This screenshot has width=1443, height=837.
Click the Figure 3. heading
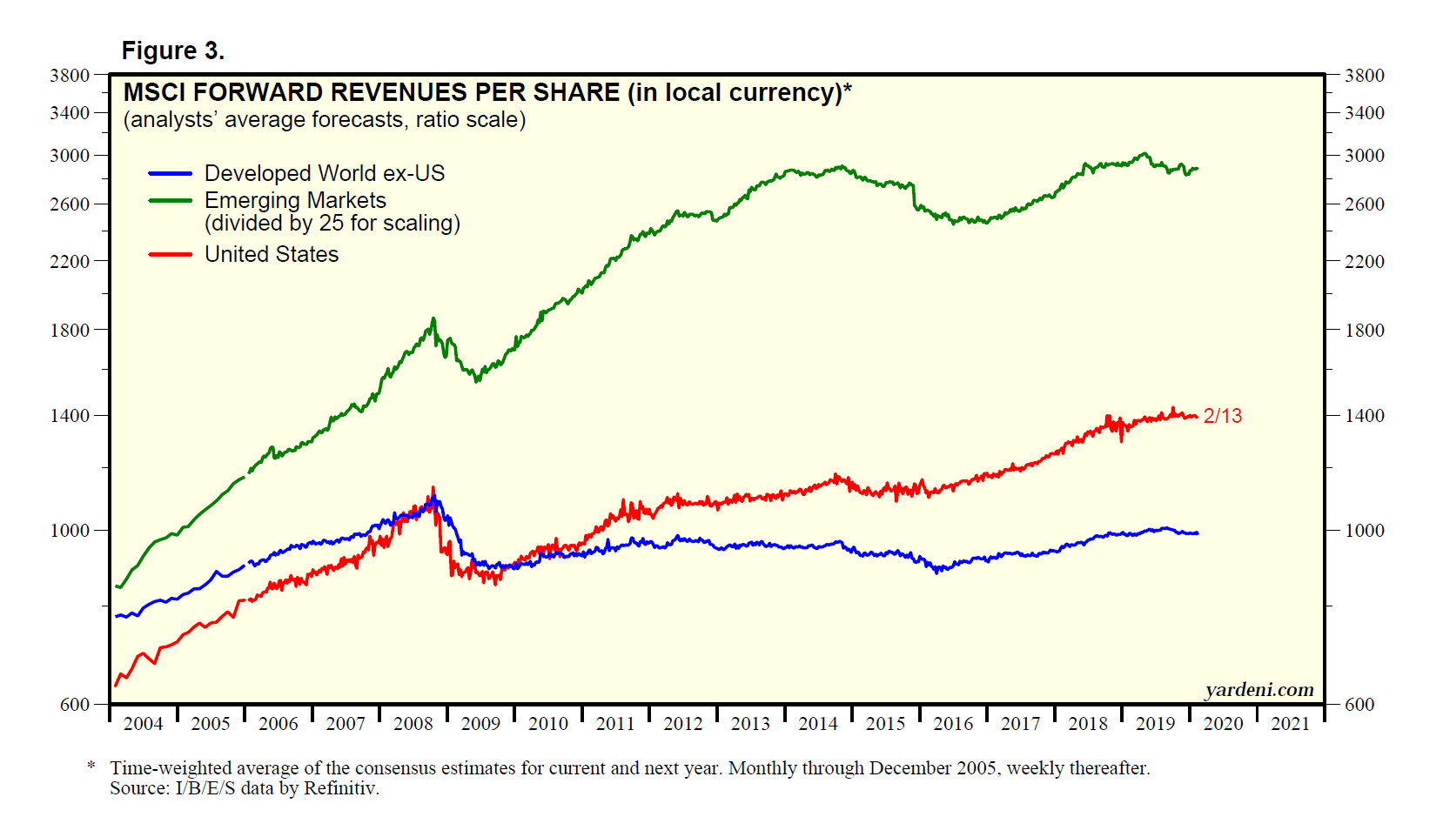(x=172, y=51)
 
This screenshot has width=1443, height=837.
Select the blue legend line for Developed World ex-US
(x=171, y=173)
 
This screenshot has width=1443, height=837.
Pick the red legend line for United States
(x=171, y=254)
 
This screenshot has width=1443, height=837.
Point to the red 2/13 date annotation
(x=1222, y=416)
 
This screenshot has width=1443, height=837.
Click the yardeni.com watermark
(x=1258, y=690)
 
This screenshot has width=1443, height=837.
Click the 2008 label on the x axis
(x=413, y=724)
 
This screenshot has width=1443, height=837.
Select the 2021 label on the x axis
(x=1290, y=724)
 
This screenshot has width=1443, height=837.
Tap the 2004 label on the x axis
(x=143, y=724)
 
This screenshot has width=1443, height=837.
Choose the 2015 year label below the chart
(x=885, y=724)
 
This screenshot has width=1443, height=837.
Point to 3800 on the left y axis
(x=70, y=76)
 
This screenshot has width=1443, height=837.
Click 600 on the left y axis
(x=75, y=705)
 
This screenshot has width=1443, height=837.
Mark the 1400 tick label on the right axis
(x=1364, y=416)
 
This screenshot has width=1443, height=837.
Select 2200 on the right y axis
(x=1364, y=261)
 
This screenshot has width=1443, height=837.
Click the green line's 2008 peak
(x=433, y=319)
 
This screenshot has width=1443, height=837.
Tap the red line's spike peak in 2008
(x=433, y=488)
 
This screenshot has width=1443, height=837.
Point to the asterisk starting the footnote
(x=91, y=767)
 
